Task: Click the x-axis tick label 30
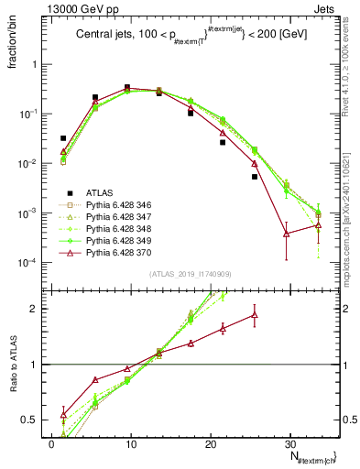(290, 443)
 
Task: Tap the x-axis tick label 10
(131, 443)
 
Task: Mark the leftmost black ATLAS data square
(63, 138)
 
